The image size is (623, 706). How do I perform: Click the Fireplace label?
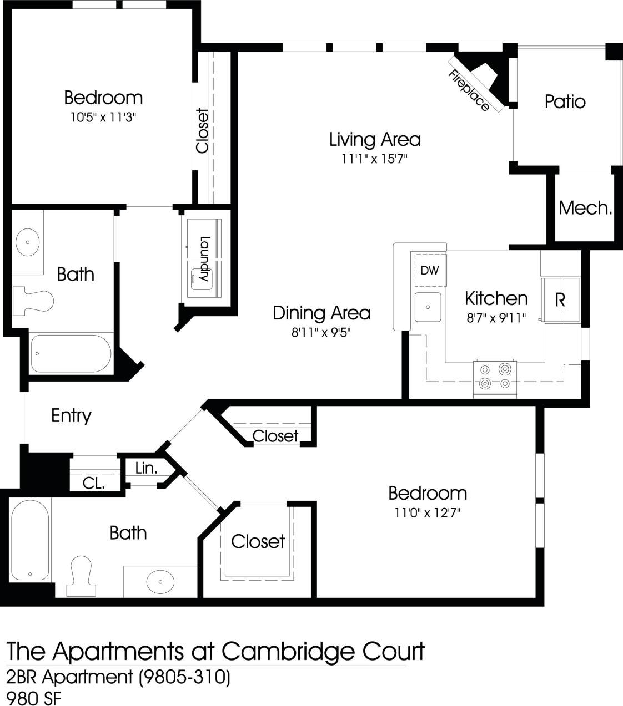point(469,91)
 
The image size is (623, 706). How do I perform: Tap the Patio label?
point(565,101)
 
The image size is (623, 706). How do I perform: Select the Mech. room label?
point(585,208)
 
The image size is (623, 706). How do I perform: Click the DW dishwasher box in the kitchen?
point(429,270)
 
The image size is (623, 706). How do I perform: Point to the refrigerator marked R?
point(560,300)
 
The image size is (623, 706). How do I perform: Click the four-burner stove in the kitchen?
point(495,377)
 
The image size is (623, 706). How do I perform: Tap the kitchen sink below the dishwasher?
point(428,307)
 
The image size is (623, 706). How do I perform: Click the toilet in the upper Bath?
point(33,301)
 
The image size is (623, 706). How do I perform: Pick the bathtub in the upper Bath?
point(71,353)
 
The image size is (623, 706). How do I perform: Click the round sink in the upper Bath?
point(27,242)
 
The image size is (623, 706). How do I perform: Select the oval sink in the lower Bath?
point(160,581)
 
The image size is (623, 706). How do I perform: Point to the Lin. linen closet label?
point(146,468)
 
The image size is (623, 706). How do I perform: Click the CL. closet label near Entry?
point(93,483)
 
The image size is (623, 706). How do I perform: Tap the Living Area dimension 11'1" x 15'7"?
point(374,159)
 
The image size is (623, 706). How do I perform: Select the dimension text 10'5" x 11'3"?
point(103,118)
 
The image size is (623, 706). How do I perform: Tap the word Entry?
point(71,415)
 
